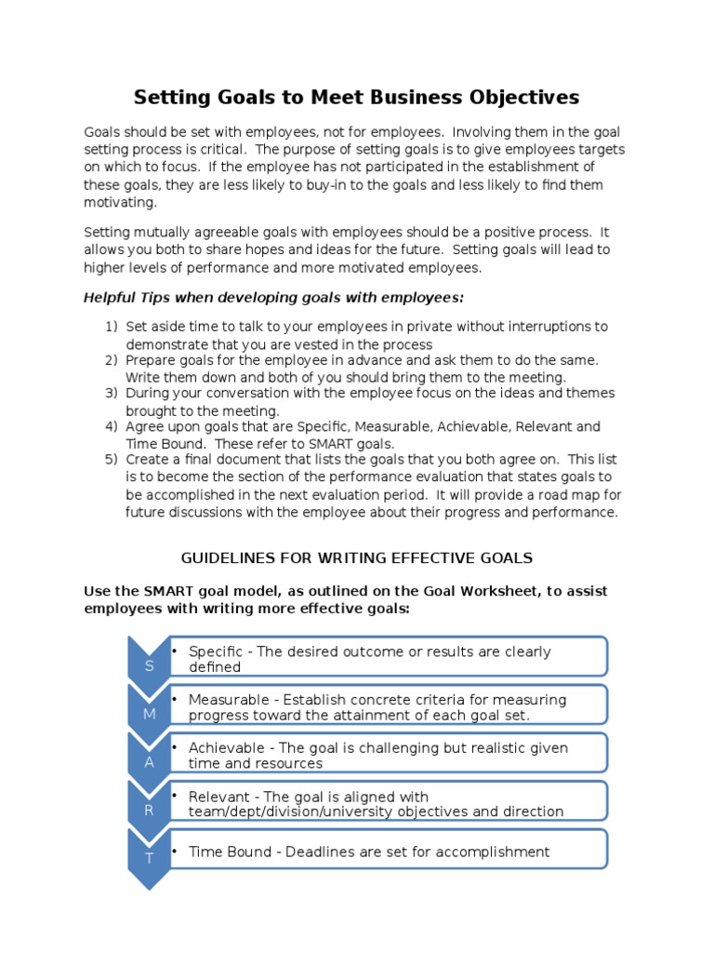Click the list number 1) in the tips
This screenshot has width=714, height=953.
(x=112, y=327)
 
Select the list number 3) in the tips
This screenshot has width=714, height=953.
(x=112, y=394)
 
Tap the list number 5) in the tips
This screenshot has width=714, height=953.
(x=112, y=461)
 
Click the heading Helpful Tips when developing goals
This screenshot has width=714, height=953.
(x=273, y=298)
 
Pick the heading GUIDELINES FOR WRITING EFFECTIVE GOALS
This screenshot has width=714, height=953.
(x=357, y=558)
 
